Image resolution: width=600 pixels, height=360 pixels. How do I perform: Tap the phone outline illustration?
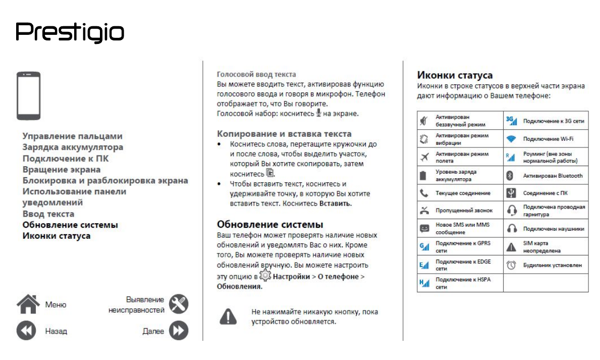[x=29, y=96]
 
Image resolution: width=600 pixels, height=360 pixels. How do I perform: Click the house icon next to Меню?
[x=28, y=304]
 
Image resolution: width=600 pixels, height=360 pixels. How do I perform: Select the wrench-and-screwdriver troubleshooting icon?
[x=178, y=304]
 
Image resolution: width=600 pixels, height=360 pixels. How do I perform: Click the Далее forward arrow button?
[x=178, y=331]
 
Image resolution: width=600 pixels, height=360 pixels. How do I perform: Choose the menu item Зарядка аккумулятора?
[x=73, y=147]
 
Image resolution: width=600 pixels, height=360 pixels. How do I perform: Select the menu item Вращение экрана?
[x=61, y=170]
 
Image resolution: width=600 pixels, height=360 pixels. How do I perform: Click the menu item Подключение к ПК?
[x=66, y=159]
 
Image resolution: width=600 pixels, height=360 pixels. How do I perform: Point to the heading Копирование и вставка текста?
[x=284, y=134]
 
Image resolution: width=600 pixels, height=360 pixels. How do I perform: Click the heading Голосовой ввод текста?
[x=256, y=74]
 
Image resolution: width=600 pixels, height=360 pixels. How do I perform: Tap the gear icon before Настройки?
[x=265, y=276]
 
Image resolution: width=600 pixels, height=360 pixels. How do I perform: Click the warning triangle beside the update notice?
[x=228, y=316]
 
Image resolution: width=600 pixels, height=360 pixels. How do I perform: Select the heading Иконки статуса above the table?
[x=455, y=75]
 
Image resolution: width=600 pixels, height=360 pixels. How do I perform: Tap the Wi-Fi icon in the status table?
[x=511, y=138]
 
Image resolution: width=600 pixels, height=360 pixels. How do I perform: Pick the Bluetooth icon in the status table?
[x=511, y=176]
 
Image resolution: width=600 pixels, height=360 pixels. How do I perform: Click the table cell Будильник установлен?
[x=552, y=265]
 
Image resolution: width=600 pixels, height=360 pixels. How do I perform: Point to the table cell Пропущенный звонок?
[x=464, y=210]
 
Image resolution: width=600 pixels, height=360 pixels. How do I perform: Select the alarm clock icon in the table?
[x=511, y=265]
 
